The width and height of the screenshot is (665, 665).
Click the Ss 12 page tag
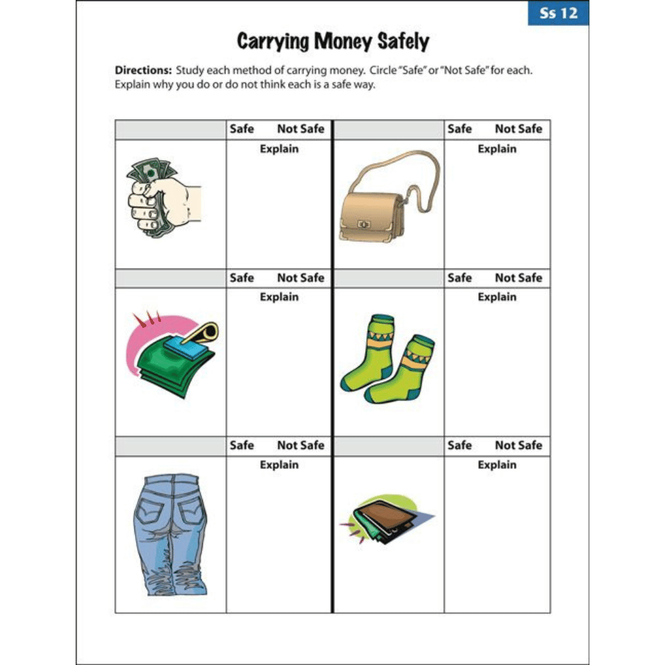coord(558,13)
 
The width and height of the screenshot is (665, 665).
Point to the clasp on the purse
coord(363,224)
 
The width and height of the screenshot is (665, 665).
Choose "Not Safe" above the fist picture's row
coord(301,129)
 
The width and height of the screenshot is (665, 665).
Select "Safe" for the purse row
coord(460,129)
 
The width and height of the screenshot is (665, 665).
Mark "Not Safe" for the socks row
coord(519,278)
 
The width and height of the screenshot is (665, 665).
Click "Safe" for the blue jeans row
coord(242,446)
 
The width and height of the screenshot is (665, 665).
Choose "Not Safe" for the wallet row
coord(519,446)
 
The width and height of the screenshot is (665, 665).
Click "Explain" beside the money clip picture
coord(279,297)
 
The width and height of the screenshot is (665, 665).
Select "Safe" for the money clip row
coord(242,278)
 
